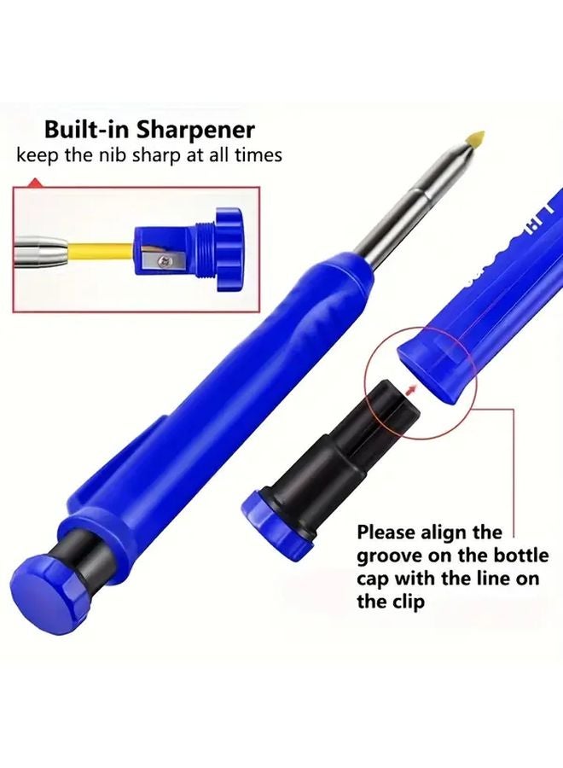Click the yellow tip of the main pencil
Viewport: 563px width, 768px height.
tap(474, 137)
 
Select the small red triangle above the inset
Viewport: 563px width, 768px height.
tap(34, 182)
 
